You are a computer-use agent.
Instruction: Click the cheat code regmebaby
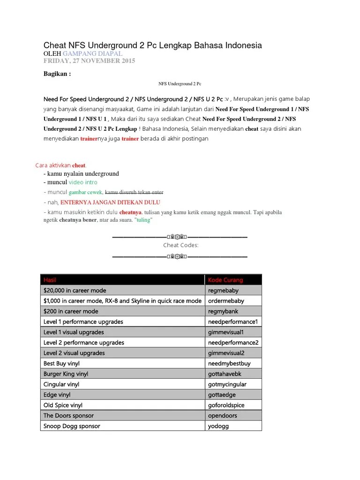point(223,291)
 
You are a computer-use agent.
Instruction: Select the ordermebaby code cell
point(226,301)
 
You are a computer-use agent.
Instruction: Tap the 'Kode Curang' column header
point(225,280)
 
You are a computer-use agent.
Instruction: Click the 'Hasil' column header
point(50,280)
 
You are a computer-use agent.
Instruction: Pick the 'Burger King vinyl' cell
point(66,374)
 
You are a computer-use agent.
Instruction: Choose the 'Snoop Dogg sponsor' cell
point(72,426)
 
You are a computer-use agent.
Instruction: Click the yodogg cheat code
point(220,426)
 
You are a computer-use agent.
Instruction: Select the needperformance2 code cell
point(233,343)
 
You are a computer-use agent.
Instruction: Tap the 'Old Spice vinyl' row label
point(63,405)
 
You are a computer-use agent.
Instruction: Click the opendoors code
point(223,416)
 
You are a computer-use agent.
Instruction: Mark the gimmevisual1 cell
point(226,332)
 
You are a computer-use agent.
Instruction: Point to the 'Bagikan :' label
point(57,74)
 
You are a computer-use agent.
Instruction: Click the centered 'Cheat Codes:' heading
point(180,245)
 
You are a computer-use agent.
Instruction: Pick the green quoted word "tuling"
point(143,220)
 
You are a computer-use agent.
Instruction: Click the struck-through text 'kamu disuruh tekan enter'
point(134,192)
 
